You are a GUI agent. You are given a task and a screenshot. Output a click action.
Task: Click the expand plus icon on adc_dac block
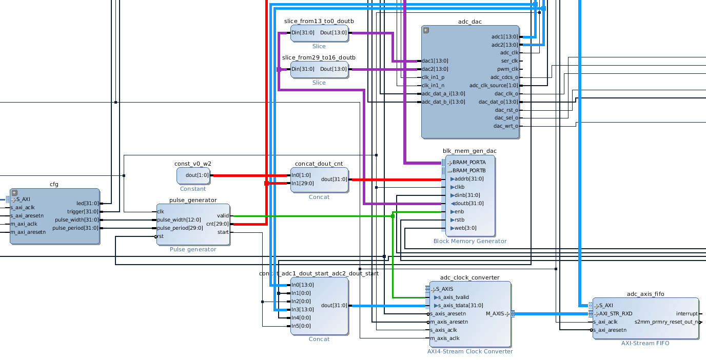point(426,30)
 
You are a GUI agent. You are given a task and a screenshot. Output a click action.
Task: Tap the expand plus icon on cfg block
point(14,192)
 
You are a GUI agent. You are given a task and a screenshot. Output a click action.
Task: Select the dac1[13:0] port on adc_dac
point(435,61)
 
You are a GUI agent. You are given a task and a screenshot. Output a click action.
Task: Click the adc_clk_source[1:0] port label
point(494,85)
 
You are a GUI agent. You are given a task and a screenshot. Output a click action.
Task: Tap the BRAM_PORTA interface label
point(469,163)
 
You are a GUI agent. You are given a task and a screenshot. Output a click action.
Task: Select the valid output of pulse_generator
point(223,216)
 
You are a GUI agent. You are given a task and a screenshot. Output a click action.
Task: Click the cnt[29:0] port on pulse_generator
point(217,224)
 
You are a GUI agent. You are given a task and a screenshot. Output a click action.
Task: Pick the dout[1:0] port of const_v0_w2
point(198,175)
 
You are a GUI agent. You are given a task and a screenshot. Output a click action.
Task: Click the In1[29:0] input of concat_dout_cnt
point(303,183)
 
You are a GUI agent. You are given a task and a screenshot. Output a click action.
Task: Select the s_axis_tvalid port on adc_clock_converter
point(454,297)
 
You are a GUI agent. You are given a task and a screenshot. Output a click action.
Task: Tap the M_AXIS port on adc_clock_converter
point(495,314)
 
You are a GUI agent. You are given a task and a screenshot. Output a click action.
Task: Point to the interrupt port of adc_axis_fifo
point(687,314)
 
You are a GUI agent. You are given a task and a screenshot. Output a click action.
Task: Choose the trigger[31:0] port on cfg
point(83,212)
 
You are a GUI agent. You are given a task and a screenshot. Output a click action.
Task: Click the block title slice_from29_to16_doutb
point(319,57)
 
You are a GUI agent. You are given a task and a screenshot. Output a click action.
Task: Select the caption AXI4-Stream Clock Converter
point(470,351)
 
